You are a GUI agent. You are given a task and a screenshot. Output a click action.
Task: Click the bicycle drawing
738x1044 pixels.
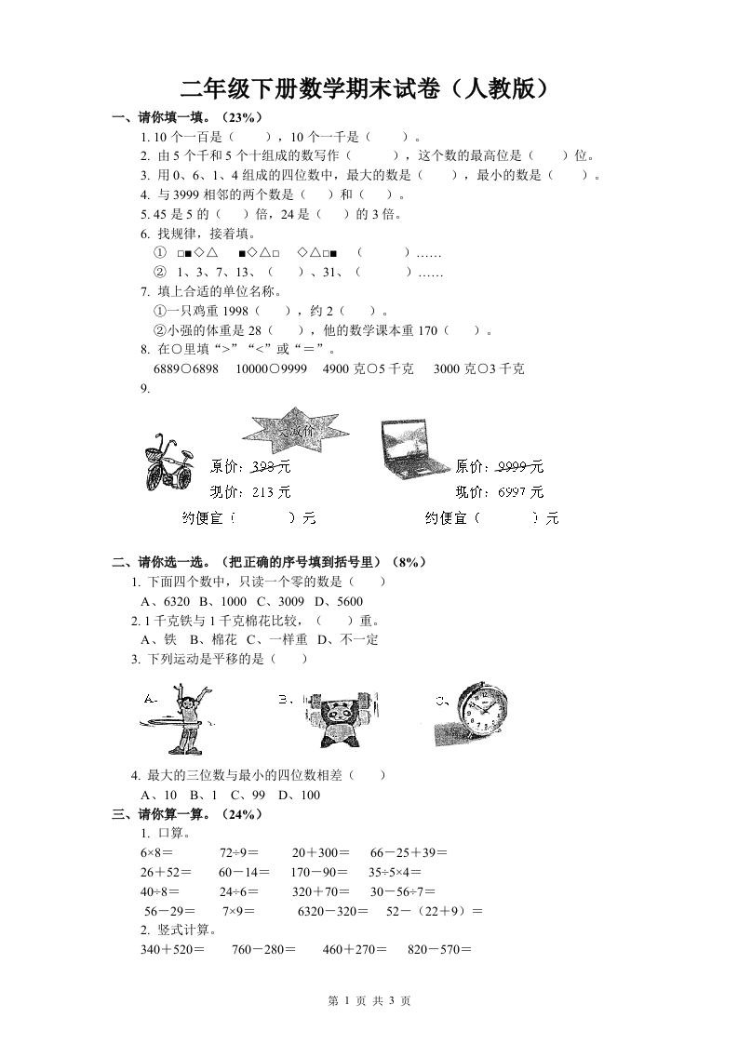point(168,462)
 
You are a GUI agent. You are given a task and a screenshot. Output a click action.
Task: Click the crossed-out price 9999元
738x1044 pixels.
point(520,466)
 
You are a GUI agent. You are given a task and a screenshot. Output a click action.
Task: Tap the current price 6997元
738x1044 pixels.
point(520,491)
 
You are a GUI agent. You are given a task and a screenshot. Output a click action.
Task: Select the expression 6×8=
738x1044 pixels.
point(157,851)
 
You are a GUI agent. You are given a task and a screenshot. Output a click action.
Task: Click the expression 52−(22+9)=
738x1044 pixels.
point(433,911)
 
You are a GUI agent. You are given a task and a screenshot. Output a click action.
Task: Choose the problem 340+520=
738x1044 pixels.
point(171,950)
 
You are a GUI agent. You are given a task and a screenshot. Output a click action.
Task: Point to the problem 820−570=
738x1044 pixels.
point(440,950)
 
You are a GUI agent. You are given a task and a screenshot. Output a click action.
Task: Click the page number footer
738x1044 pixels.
point(369,1000)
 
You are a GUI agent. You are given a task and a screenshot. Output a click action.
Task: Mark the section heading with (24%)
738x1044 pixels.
point(187,813)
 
